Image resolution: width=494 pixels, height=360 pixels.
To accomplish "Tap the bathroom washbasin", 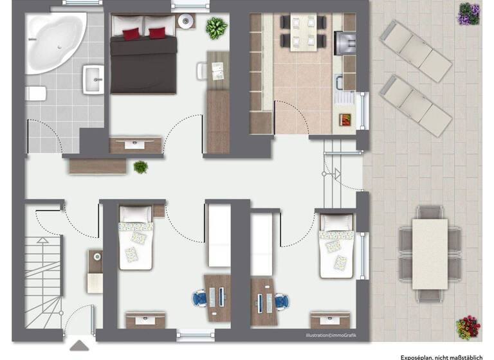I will pyautogui.click(x=95, y=80).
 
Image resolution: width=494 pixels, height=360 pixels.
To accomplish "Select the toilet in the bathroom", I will pyautogui.click(x=36, y=94).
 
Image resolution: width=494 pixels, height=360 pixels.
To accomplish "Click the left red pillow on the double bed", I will pyautogui.click(x=131, y=33).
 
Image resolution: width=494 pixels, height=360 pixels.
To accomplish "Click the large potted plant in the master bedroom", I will pyautogui.click(x=217, y=27).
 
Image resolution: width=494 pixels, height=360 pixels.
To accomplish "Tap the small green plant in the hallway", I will pyautogui.click(x=140, y=167).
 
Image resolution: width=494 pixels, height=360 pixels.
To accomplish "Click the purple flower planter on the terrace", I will pyautogui.click(x=468, y=14).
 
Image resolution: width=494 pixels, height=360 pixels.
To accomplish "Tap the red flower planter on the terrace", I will pyautogui.click(x=468, y=327).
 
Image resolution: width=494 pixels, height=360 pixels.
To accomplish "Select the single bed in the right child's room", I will pyautogui.click(x=336, y=246).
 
